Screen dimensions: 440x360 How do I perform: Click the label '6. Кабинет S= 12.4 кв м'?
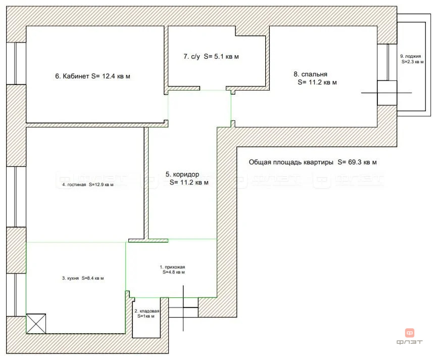[x=92, y=76]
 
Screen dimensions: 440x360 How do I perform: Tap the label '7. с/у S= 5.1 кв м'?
[x=211, y=57]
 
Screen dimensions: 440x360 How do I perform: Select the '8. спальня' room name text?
[x=310, y=74]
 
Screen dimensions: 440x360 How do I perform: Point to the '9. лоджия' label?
[x=411, y=56]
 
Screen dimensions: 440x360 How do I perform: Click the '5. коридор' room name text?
[x=182, y=174]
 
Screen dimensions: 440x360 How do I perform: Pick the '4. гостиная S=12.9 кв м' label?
[x=88, y=185]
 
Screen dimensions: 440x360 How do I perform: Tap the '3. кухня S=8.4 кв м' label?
[x=83, y=278]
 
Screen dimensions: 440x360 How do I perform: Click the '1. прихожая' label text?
[x=172, y=267]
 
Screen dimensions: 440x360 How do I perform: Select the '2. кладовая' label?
[x=147, y=311]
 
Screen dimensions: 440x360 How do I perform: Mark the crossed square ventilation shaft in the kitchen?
[x=36, y=324]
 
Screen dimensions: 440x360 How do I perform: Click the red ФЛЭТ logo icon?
[x=410, y=333]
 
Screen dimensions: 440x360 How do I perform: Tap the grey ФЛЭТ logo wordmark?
[x=409, y=342]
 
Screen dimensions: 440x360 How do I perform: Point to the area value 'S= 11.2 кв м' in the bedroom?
[x=317, y=82]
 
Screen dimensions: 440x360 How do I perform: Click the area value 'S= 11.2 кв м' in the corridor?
[x=189, y=182]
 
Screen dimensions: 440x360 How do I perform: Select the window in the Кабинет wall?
[x=16, y=64]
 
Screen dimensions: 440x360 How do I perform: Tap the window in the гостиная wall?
[x=16, y=197]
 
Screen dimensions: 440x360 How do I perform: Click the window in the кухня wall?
[x=16, y=295]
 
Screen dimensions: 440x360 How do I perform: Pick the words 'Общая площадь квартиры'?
[x=291, y=162]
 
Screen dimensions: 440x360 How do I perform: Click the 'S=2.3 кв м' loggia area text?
[x=413, y=62]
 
